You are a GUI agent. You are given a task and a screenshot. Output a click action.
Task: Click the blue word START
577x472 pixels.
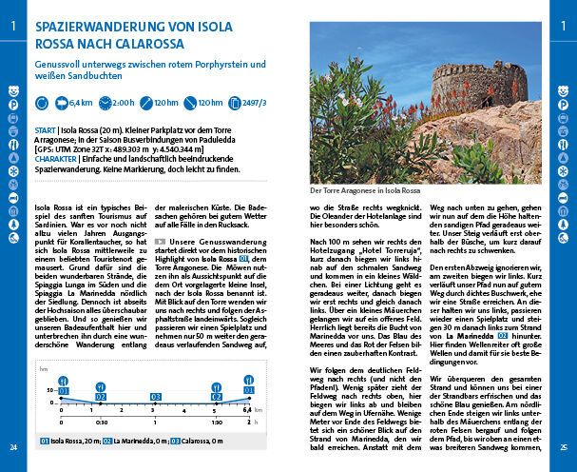pyautogui.click(x=44, y=128)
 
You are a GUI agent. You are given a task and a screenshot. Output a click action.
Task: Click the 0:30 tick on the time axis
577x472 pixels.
pyautogui.click(x=102, y=422)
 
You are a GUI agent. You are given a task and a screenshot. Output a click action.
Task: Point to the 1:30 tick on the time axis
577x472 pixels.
pyautogui.click(x=217, y=422)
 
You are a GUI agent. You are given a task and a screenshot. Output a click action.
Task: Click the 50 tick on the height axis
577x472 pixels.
pyautogui.click(x=50, y=390)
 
